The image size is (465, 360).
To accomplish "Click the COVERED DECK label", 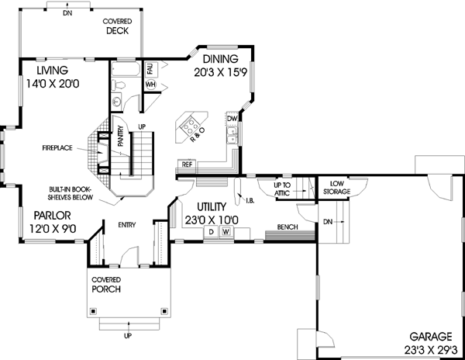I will pos(122,27).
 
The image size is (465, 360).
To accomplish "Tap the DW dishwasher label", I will pos(231,119).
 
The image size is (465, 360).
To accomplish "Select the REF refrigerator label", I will pos(186,164).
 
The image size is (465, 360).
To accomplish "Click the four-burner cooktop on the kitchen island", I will pos(189,123).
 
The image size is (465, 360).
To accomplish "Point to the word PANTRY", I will pos(121,137).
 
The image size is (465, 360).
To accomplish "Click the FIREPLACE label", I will pos(58,146).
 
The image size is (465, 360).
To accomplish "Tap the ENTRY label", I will pos(127,224).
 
